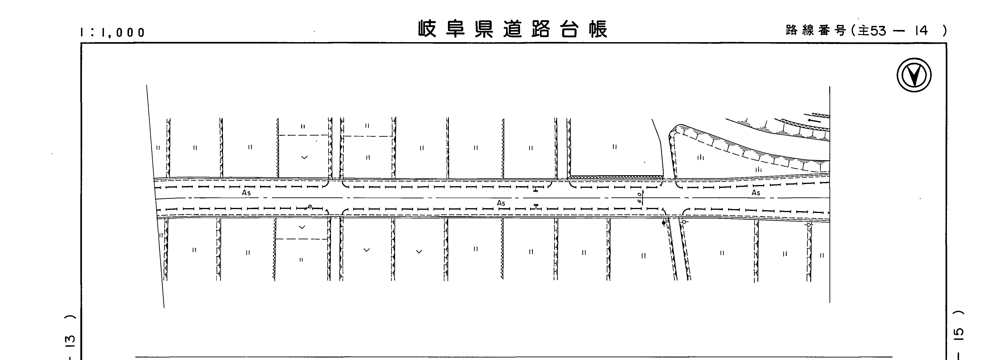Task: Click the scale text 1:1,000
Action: click(113, 33)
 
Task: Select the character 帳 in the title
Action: click(598, 29)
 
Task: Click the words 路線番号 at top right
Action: click(816, 31)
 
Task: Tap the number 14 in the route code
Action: click(921, 31)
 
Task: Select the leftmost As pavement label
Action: click(246, 193)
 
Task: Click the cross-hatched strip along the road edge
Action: click(615, 177)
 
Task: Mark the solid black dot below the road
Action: click(664, 223)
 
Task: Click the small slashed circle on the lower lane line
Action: click(310, 207)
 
